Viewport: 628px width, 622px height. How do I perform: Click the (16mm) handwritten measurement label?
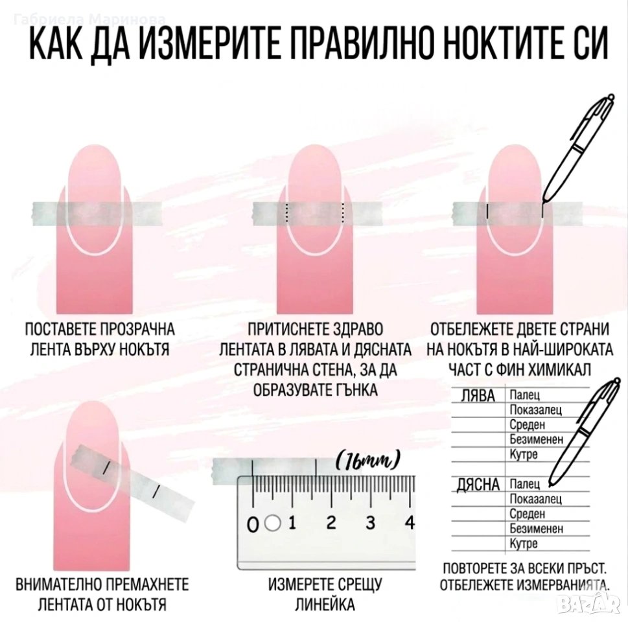click(367, 461)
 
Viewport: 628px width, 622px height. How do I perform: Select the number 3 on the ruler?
click(371, 523)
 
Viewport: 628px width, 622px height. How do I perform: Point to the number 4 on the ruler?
click(410, 522)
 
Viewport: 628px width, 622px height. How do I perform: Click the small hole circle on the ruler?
click(273, 523)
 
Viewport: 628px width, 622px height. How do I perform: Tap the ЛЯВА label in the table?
click(478, 396)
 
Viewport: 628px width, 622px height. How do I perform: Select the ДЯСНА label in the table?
click(478, 485)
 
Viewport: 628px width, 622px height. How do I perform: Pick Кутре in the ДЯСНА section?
click(524, 544)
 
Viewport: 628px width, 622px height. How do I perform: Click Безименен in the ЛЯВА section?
click(536, 439)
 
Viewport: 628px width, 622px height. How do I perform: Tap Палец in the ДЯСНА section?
click(525, 484)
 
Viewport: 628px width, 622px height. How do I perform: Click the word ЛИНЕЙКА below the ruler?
click(325, 605)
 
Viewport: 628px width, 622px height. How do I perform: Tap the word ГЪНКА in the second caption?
click(356, 389)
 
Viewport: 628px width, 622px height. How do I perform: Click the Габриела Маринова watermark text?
click(89, 19)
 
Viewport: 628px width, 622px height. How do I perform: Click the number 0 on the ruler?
click(253, 524)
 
